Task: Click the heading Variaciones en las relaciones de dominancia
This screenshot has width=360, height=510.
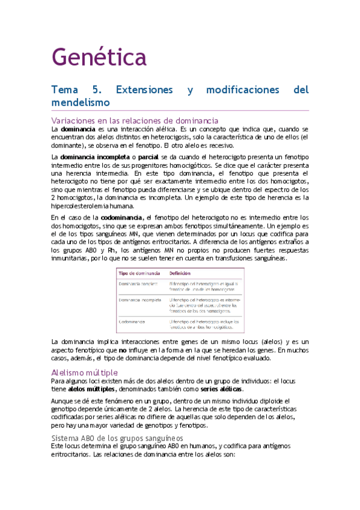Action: pyautogui.click(x=134, y=120)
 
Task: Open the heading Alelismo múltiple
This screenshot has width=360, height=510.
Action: pyautogui.click(x=84, y=372)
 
